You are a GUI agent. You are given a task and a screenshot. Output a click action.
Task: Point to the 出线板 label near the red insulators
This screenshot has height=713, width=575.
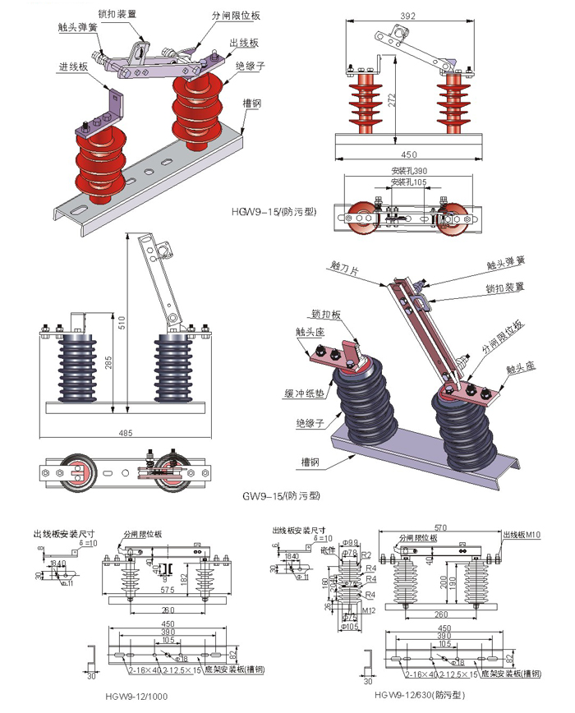pos(244,43)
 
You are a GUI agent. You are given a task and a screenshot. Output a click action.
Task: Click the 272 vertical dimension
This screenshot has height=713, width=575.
pos(392,99)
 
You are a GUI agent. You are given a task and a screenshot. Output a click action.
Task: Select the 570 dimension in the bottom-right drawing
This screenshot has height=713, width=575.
pos(443,528)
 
